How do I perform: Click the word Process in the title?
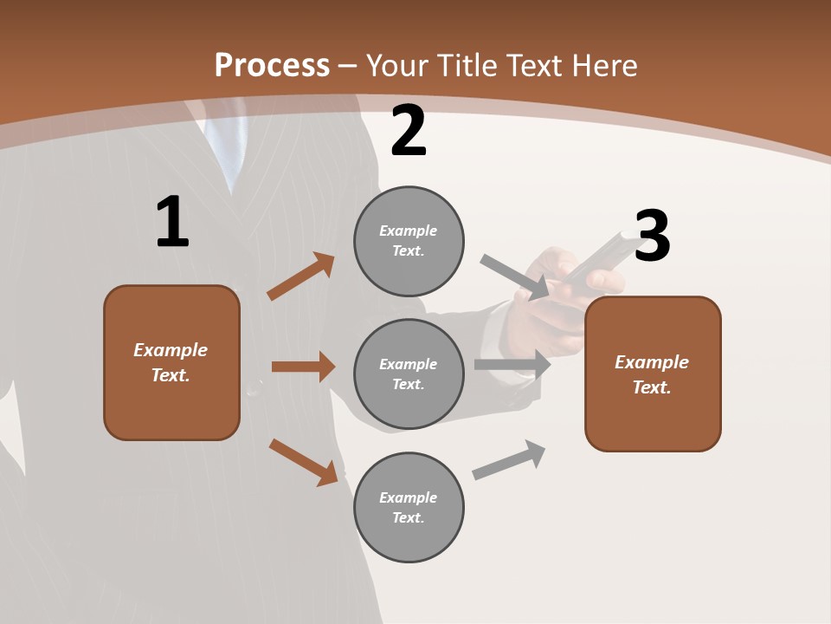pyautogui.click(x=272, y=66)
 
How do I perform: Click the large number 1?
pyautogui.click(x=172, y=223)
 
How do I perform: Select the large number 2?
pyautogui.click(x=409, y=131)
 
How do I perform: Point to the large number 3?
pyautogui.click(x=652, y=236)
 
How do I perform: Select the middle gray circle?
pyautogui.click(x=409, y=374)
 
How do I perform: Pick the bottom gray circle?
pyautogui.click(x=409, y=507)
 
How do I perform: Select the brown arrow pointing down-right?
pyautogui.click(x=304, y=462)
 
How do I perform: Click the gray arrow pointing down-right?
pyautogui.click(x=514, y=276)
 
